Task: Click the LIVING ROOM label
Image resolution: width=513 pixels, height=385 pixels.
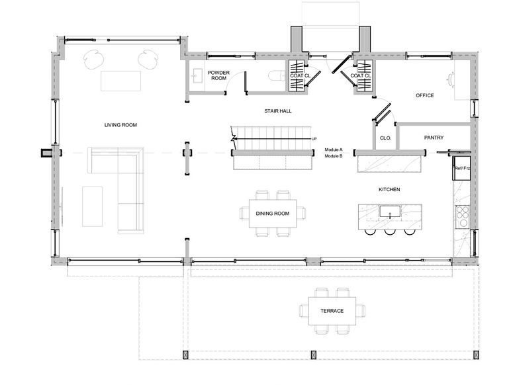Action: click(120, 125)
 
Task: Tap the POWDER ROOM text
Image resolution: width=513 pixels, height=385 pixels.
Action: click(218, 75)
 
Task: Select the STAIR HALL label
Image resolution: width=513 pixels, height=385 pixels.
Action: click(278, 111)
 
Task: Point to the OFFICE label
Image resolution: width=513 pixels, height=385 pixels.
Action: click(425, 95)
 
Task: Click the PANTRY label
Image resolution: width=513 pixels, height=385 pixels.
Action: click(434, 138)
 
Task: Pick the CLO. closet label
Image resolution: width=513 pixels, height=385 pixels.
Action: click(385, 138)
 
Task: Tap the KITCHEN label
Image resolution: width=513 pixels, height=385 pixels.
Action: click(389, 189)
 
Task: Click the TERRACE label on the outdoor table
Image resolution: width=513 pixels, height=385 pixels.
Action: click(332, 311)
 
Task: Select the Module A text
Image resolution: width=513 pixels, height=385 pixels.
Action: click(334, 150)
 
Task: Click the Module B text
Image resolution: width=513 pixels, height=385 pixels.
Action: click(334, 156)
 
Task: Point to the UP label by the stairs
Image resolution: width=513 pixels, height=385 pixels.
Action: click(314, 139)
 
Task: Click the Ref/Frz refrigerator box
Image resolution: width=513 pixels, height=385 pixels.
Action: click(461, 168)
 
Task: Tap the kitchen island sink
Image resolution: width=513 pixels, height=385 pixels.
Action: click(390, 211)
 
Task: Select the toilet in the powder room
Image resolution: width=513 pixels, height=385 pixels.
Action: click(277, 77)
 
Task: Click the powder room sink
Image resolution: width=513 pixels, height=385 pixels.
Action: click(197, 76)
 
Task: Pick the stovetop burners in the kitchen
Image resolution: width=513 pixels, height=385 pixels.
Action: click(463, 217)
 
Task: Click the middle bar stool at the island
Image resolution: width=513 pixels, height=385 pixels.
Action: click(390, 232)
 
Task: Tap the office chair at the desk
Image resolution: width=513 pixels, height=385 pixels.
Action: click(451, 80)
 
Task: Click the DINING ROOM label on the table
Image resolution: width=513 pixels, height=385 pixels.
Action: click(273, 214)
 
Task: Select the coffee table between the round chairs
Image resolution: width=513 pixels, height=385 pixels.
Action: click(120, 81)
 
